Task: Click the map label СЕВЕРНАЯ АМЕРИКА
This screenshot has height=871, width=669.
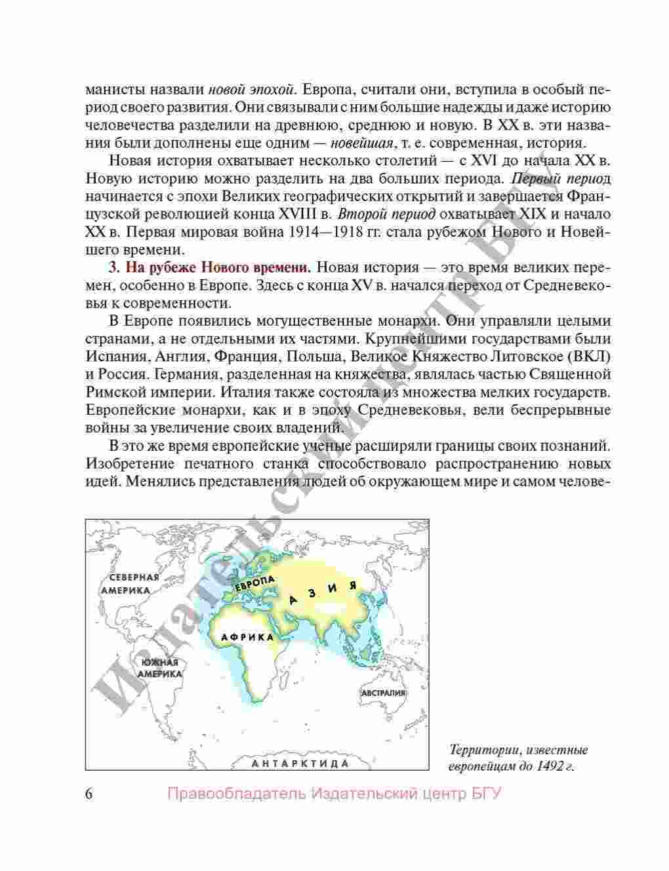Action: coord(133,583)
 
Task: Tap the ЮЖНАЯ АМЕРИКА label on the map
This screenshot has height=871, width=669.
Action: coord(159,668)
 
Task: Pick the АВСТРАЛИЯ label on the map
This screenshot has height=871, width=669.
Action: coord(384,693)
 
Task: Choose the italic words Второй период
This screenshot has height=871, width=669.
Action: coord(387,214)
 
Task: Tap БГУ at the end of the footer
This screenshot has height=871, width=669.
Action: coord(486,794)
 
